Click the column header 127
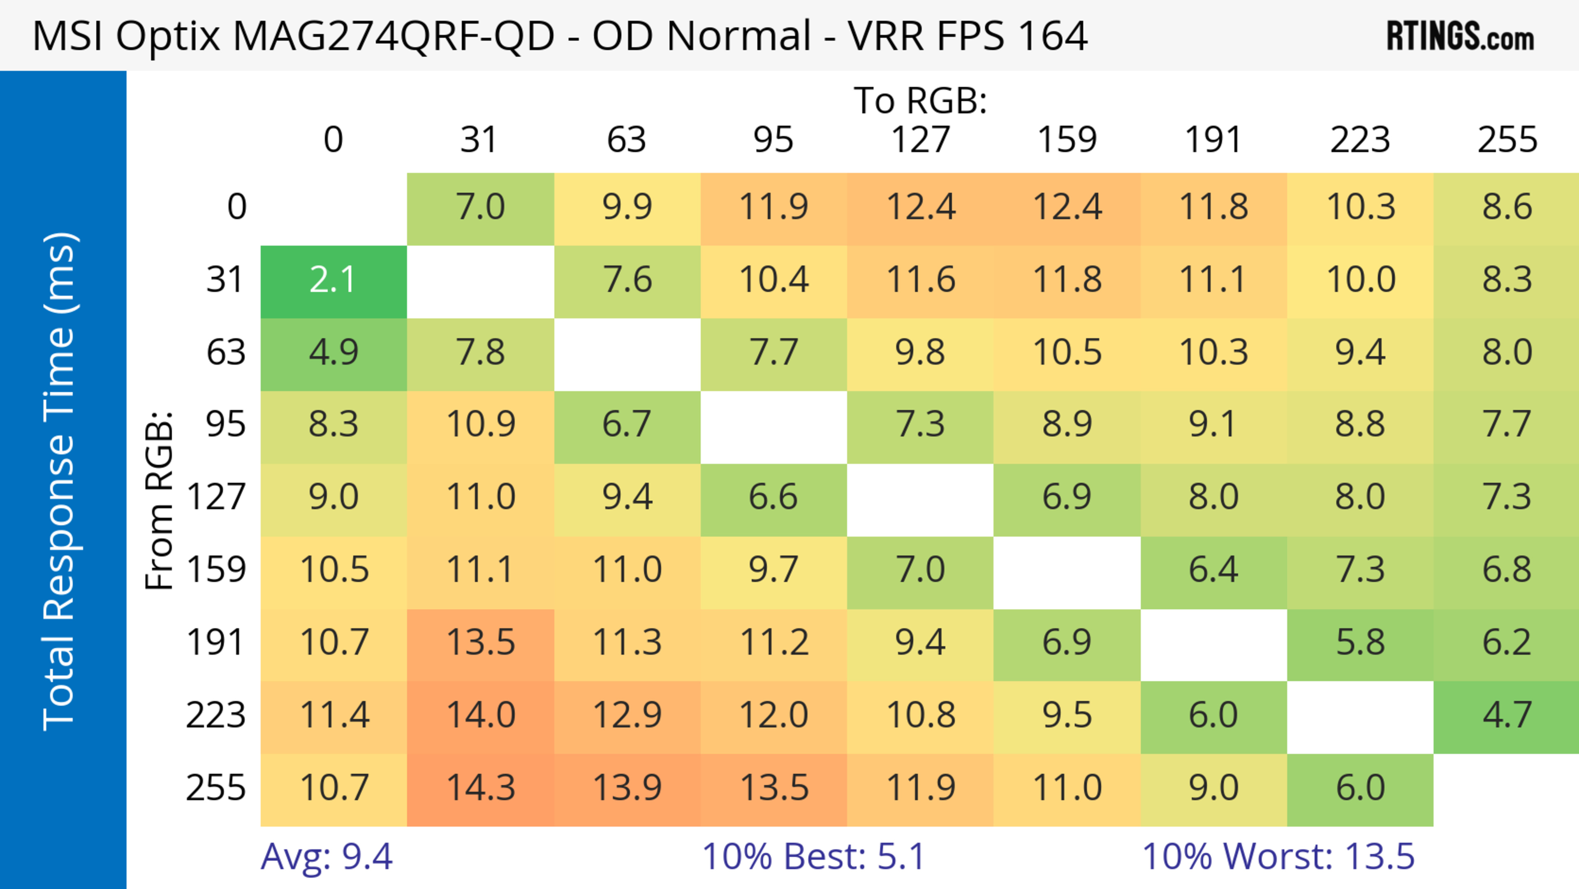(920, 140)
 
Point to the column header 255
(1507, 140)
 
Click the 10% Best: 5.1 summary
(813, 857)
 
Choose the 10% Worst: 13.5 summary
(1278, 857)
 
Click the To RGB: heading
(920, 100)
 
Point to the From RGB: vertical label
(160, 500)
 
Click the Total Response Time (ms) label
(60, 482)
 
